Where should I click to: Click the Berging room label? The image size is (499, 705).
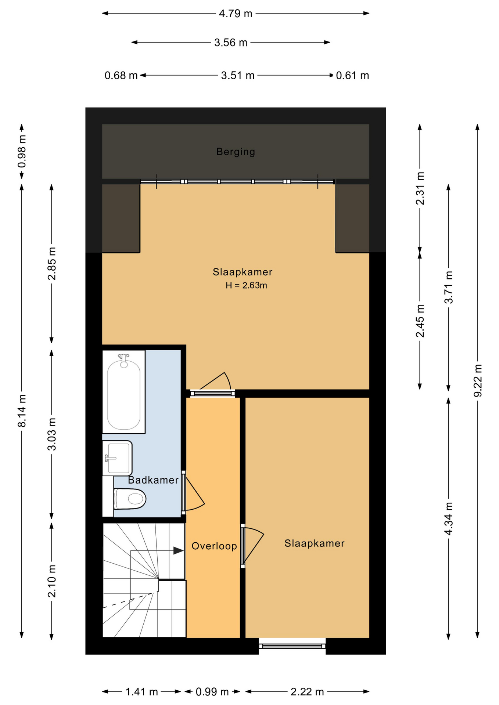[x=236, y=152]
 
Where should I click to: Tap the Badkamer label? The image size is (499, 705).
[x=153, y=480]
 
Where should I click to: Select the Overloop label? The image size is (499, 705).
[x=214, y=546]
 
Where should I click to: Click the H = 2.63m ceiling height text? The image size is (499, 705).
[x=246, y=285]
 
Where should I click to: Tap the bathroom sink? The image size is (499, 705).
[x=118, y=458]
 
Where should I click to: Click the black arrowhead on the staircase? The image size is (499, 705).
[x=179, y=551]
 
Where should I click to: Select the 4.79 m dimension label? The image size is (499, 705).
[x=236, y=14]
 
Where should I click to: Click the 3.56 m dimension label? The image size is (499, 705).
[x=231, y=43]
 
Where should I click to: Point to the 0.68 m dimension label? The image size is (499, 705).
[x=121, y=76]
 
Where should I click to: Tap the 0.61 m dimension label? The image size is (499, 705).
[x=352, y=76]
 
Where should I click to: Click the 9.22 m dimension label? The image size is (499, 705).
[x=478, y=380]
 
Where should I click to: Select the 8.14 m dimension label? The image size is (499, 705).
[x=22, y=411]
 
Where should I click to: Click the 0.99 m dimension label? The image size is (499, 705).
[x=212, y=692]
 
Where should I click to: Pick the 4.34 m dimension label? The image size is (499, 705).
[x=449, y=518]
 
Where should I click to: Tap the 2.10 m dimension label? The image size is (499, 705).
[x=52, y=581]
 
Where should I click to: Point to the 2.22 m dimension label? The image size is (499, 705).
[x=307, y=692]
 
